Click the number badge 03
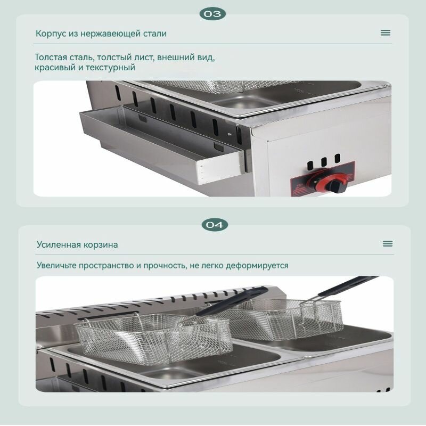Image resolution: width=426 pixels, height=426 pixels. pyautogui.click(x=212, y=14)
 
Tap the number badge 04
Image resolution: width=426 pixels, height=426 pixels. pyautogui.click(x=215, y=225)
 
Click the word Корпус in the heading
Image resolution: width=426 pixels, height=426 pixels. pyautogui.click(x=51, y=34)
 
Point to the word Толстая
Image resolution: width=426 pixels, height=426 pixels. pyautogui.click(x=51, y=58)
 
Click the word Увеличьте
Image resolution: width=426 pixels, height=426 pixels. pyautogui.click(x=56, y=265)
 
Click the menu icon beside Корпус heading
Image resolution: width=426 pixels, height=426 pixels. pyautogui.click(x=386, y=32)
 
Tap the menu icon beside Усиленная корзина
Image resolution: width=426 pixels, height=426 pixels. pyautogui.click(x=388, y=243)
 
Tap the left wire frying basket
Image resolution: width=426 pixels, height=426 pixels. pyautogui.click(x=153, y=338)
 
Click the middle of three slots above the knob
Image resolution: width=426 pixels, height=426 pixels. pyautogui.click(x=324, y=162)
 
